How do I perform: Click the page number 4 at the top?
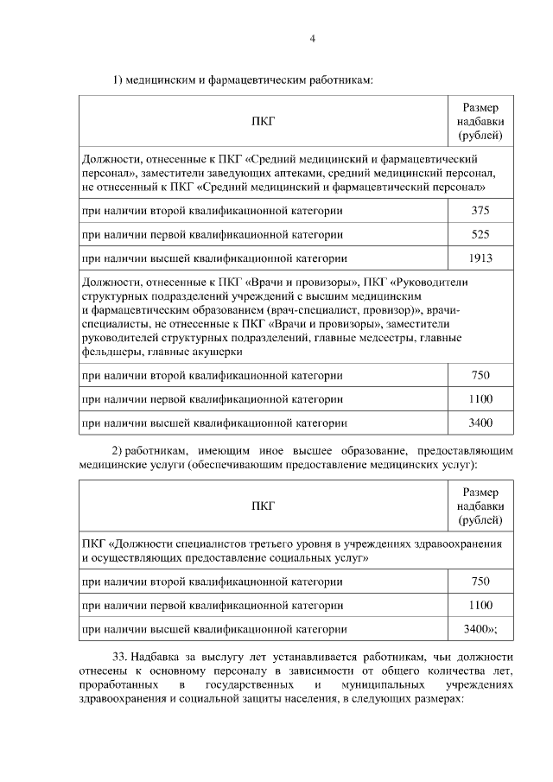tap(312, 38)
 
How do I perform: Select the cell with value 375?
tap(480, 211)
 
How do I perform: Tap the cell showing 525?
tap(480, 234)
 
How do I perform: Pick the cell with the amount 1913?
tap(480, 257)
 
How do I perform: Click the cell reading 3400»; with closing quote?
tap(480, 629)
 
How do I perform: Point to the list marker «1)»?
tap(118, 80)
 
